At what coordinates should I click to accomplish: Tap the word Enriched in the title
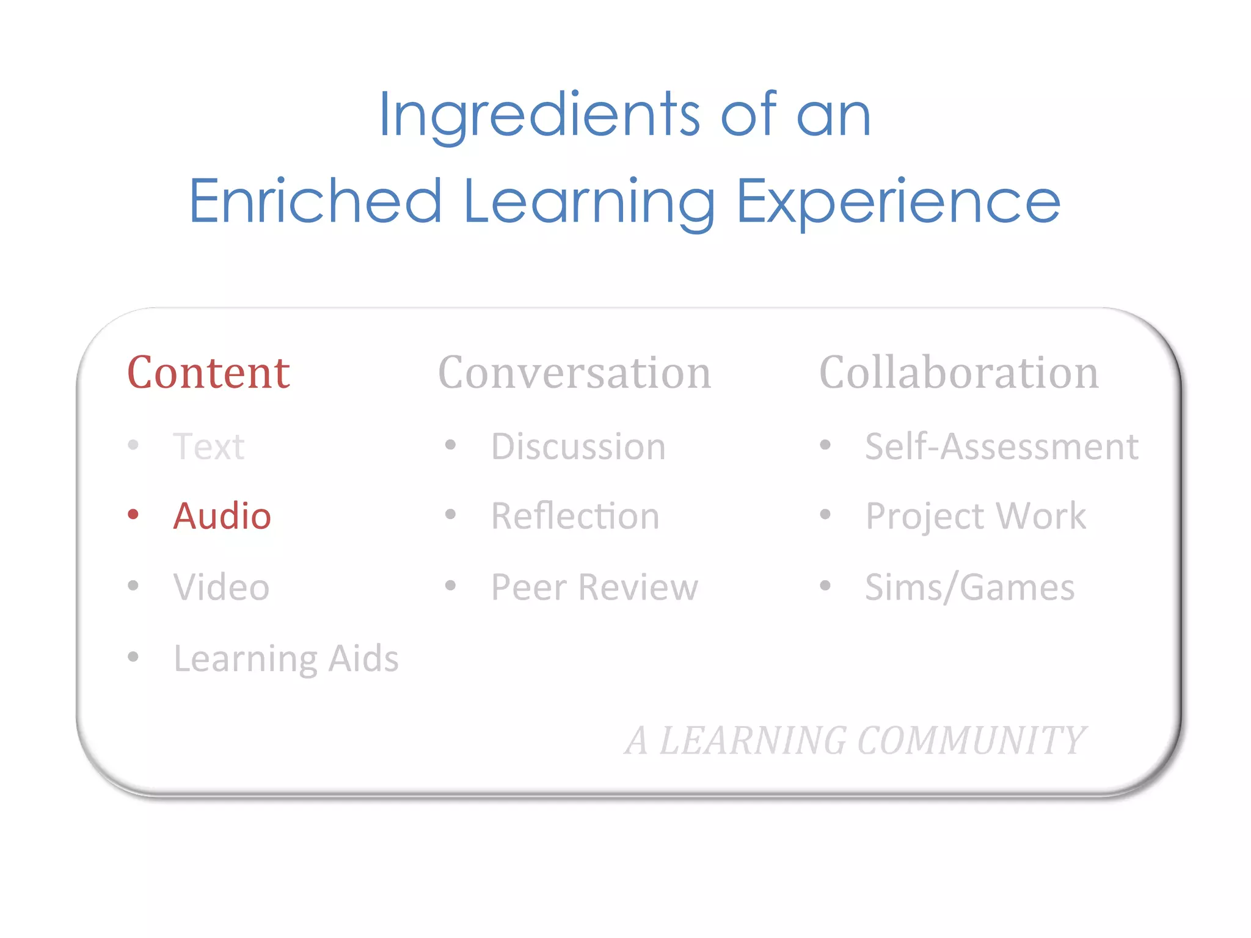tap(315, 202)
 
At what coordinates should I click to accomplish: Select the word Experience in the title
tap(898, 202)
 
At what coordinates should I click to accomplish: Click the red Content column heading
tap(208, 373)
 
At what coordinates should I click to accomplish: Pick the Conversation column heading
tap(575, 373)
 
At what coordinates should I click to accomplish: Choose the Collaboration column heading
tap(958, 373)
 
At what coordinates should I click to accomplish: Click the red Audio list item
tap(222, 516)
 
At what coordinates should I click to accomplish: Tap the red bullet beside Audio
tap(133, 515)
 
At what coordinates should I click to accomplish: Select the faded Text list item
tap(208, 446)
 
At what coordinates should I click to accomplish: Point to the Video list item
tap(221, 587)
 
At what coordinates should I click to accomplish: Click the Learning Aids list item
tap(286, 658)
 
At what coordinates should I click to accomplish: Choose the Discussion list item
tap(578, 446)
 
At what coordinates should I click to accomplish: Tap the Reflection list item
tap(575, 516)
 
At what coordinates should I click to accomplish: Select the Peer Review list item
tap(594, 587)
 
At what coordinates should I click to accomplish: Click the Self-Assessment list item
tap(1001, 446)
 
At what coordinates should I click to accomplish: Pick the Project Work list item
tap(976, 517)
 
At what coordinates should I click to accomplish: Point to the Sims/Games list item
tap(969, 587)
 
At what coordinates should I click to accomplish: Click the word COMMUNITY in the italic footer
tap(971, 741)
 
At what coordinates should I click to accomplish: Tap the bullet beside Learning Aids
tap(133, 657)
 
